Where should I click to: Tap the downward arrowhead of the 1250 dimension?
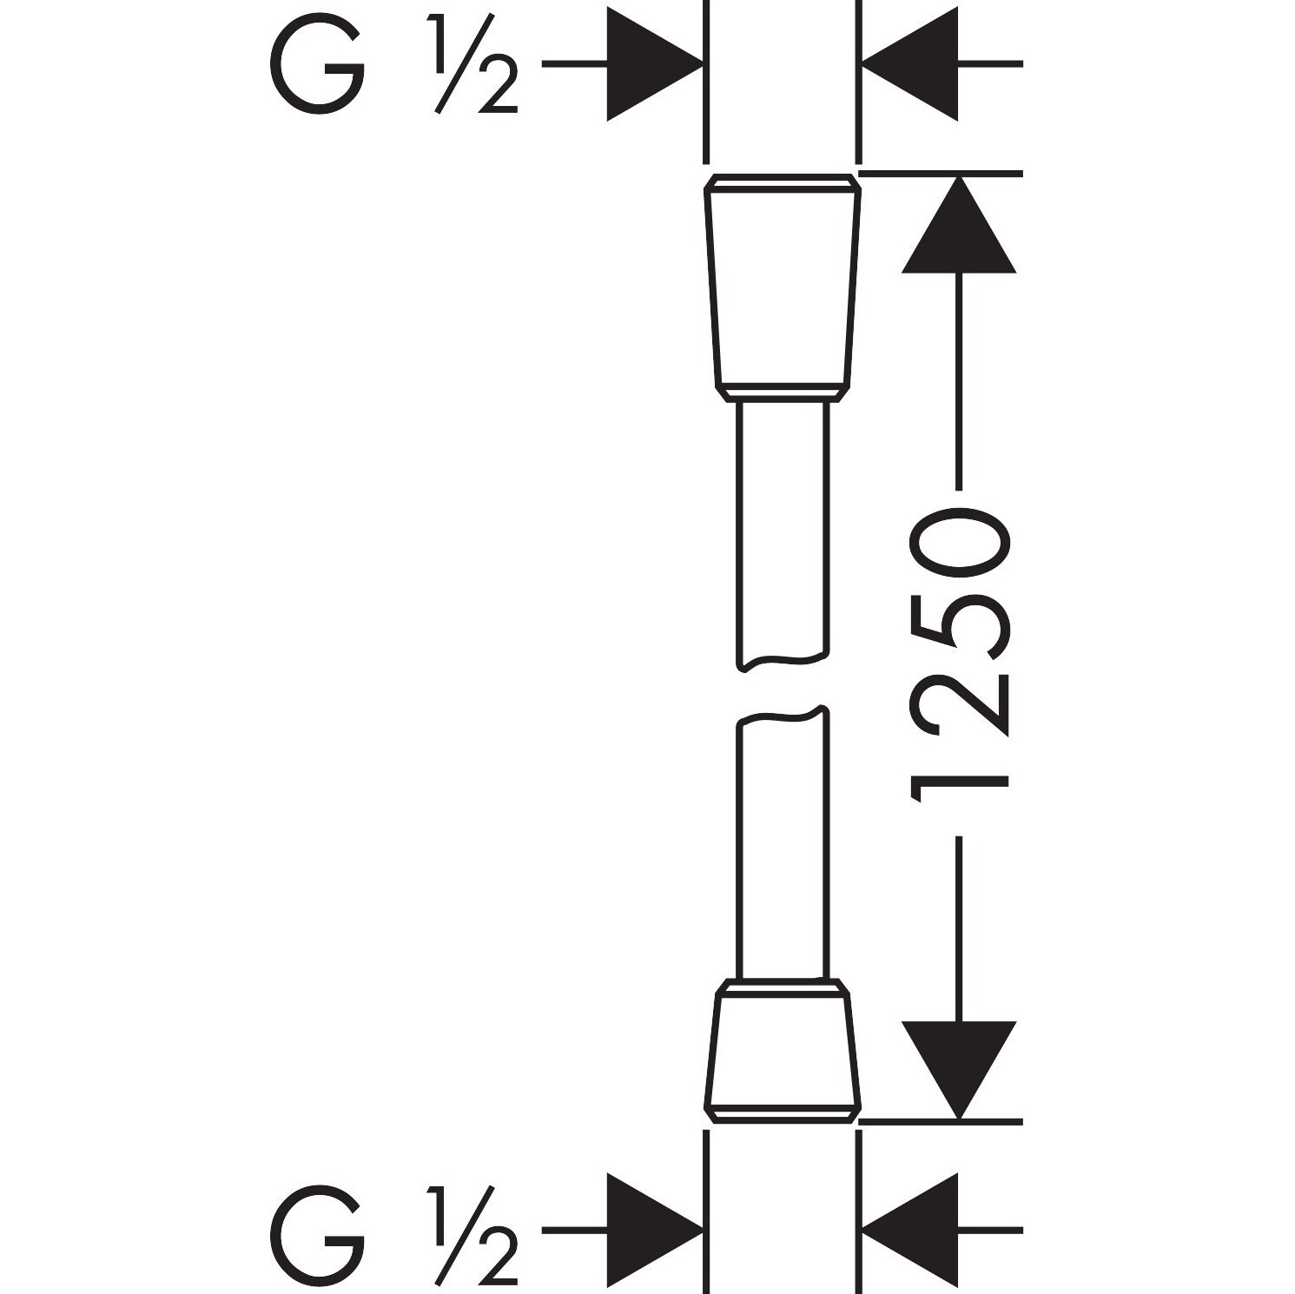(959, 1070)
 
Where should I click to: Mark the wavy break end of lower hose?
(782, 716)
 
